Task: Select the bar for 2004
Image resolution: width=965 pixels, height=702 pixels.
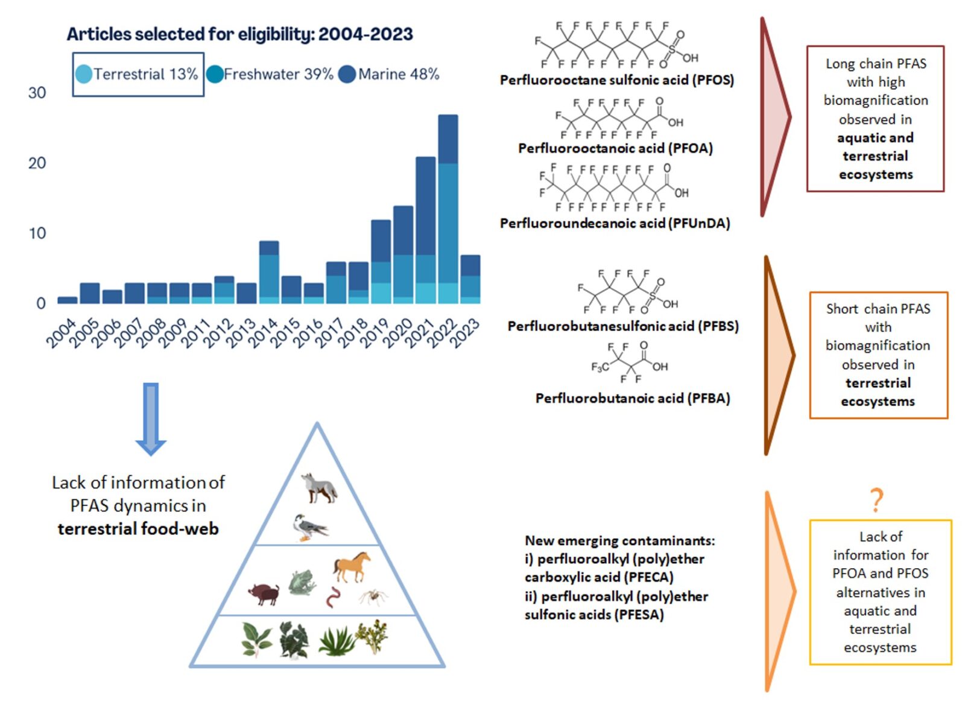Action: (x=68, y=300)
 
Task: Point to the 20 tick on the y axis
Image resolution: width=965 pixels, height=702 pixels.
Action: (x=37, y=163)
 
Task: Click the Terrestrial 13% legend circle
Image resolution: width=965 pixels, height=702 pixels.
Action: (x=84, y=74)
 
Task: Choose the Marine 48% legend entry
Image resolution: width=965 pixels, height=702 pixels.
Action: (x=389, y=74)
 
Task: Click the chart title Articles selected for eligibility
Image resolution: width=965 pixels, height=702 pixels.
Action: (x=239, y=34)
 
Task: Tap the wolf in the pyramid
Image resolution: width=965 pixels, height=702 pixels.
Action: (x=318, y=487)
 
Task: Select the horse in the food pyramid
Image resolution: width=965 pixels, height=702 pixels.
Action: (x=351, y=566)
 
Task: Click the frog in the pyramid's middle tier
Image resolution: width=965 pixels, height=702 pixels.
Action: (x=301, y=582)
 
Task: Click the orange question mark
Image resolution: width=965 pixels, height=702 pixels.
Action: (x=876, y=500)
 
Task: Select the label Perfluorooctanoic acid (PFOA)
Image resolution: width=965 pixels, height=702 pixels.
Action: (x=615, y=148)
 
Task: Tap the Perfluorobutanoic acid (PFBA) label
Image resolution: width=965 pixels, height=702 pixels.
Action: (x=633, y=398)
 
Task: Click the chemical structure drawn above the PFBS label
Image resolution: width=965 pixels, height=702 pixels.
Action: (x=627, y=292)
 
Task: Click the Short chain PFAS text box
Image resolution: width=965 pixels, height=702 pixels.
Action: (x=878, y=355)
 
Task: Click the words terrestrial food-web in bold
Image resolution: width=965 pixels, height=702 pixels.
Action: (x=138, y=529)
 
